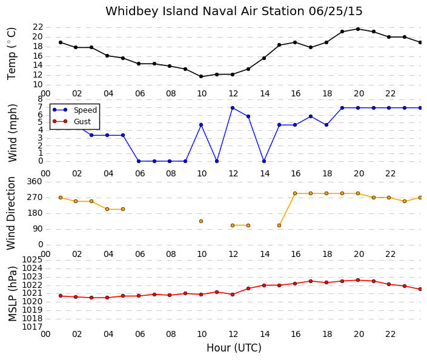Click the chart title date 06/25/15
pyautogui.click(x=336, y=12)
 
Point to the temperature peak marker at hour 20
pyautogui.click(x=358, y=29)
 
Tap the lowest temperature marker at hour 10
pyautogui.click(x=201, y=76)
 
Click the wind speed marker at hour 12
pyautogui.click(x=233, y=108)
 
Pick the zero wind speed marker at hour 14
pyautogui.click(x=264, y=161)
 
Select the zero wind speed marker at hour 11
pyautogui.click(x=217, y=161)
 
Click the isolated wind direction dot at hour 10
pyautogui.click(x=201, y=221)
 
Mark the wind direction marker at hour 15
pyautogui.click(x=279, y=225)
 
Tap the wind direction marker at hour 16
pyautogui.click(x=295, y=193)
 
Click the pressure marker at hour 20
pyautogui.click(x=358, y=280)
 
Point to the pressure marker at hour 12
pyautogui.click(x=233, y=295)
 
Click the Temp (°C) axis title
pyautogui.click(x=12, y=54)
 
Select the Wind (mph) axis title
pyautogui.click(x=13, y=133)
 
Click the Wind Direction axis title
pyautogui.click(x=11, y=213)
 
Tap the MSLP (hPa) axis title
pyautogui.click(x=13, y=294)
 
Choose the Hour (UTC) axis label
pyautogui.click(x=234, y=348)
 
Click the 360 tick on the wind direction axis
pyautogui.click(x=35, y=182)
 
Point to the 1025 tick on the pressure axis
pyautogui.click(x=32, y=260)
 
